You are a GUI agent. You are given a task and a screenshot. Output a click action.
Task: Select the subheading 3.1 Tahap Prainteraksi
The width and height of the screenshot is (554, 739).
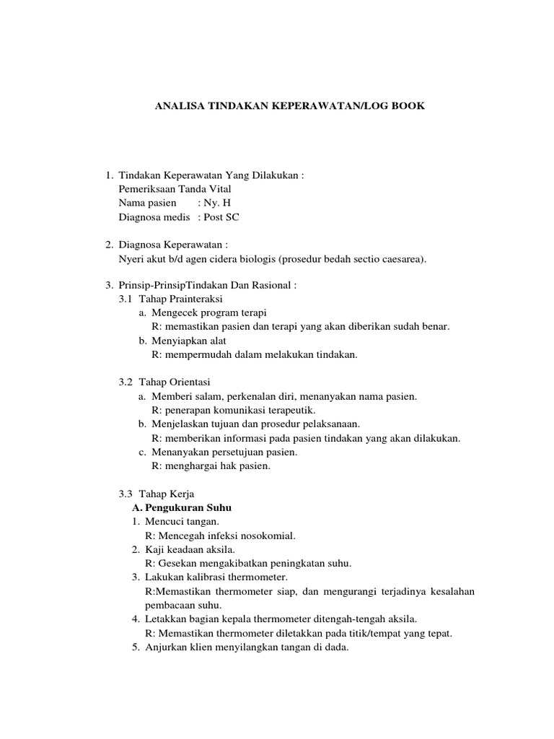click(171, 299)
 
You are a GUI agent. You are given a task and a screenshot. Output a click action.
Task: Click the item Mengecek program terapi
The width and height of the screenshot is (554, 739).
click(208, 312)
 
